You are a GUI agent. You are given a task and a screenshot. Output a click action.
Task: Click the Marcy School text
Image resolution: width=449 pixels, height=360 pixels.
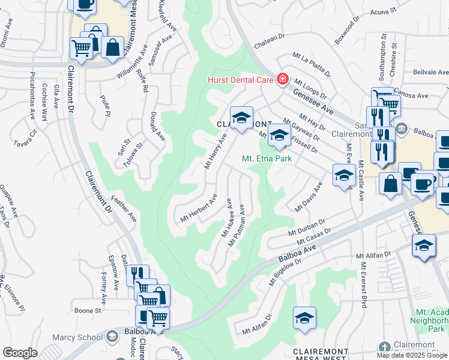(x=77, y=337)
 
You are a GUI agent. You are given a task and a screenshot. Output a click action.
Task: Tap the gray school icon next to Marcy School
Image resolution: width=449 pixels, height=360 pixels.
(x=112, y=337)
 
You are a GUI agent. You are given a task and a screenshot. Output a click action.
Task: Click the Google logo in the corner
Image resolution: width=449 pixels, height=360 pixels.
(x=20, y=352)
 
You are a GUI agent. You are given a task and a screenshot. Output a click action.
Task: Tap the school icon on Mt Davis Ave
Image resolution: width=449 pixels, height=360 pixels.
(x=343, y=175)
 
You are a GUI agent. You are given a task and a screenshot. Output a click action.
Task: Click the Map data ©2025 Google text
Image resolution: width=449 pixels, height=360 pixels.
(x=412, y=355)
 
